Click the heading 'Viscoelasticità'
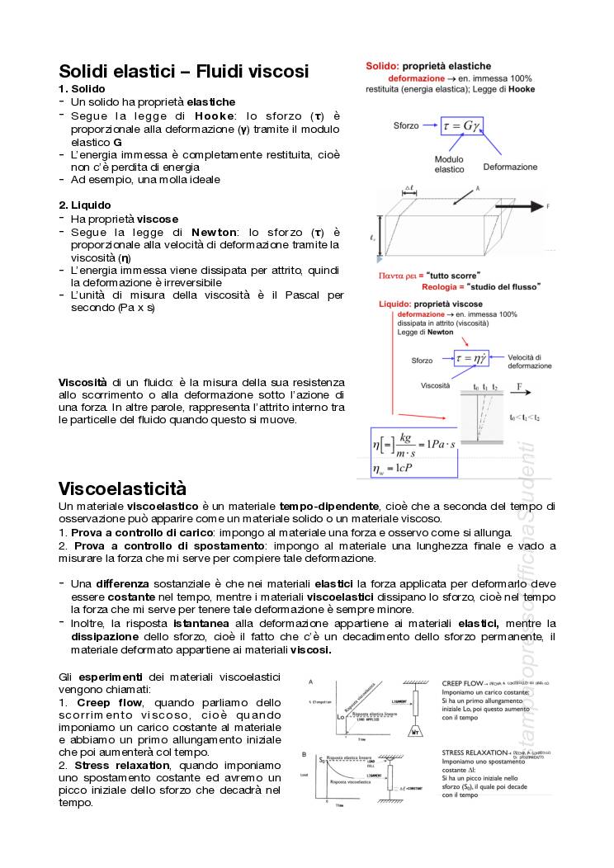(x=122, y=488)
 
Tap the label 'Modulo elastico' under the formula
(x=450, y=164)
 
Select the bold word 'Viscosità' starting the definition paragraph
(x=83, y=382)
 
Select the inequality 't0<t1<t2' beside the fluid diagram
(x=524, y=417)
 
